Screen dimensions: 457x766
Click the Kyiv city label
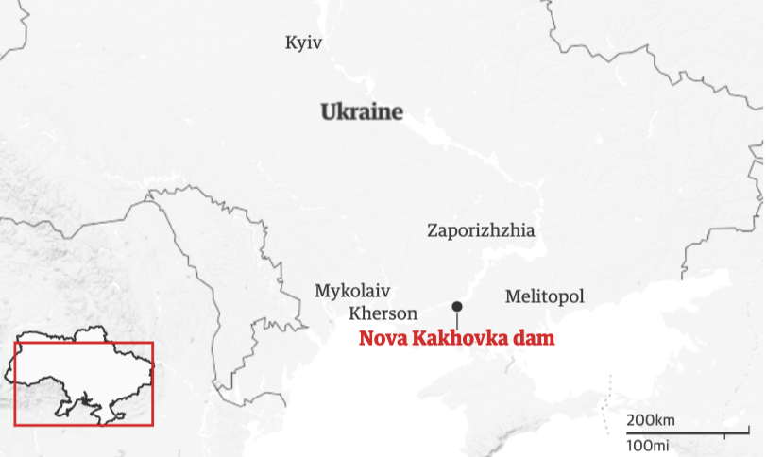tap(303, 42)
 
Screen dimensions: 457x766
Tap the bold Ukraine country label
tap(362, 112)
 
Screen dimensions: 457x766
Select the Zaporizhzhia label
tap(481, 230)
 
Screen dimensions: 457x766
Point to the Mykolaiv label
tap(352, 291)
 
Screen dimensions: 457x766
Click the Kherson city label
tap(383, 313)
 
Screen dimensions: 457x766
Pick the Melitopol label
tap(544, 296)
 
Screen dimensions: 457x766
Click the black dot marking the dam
tap(457, 306)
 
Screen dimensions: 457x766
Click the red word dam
tap(535, 338)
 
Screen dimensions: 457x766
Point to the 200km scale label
tap(651, 420)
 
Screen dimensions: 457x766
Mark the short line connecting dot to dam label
tap(457, 319)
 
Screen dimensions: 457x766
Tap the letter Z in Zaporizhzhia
tap(433, 230)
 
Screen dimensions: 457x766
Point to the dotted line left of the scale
tap(608, 397)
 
